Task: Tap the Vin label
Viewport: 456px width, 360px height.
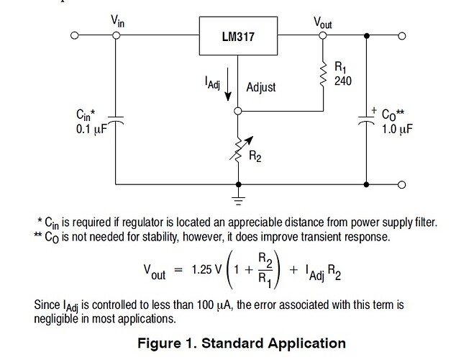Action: tap(117, 22)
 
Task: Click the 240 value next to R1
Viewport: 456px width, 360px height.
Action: tap(342, 81)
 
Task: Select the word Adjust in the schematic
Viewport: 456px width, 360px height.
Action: tap(261, 87)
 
